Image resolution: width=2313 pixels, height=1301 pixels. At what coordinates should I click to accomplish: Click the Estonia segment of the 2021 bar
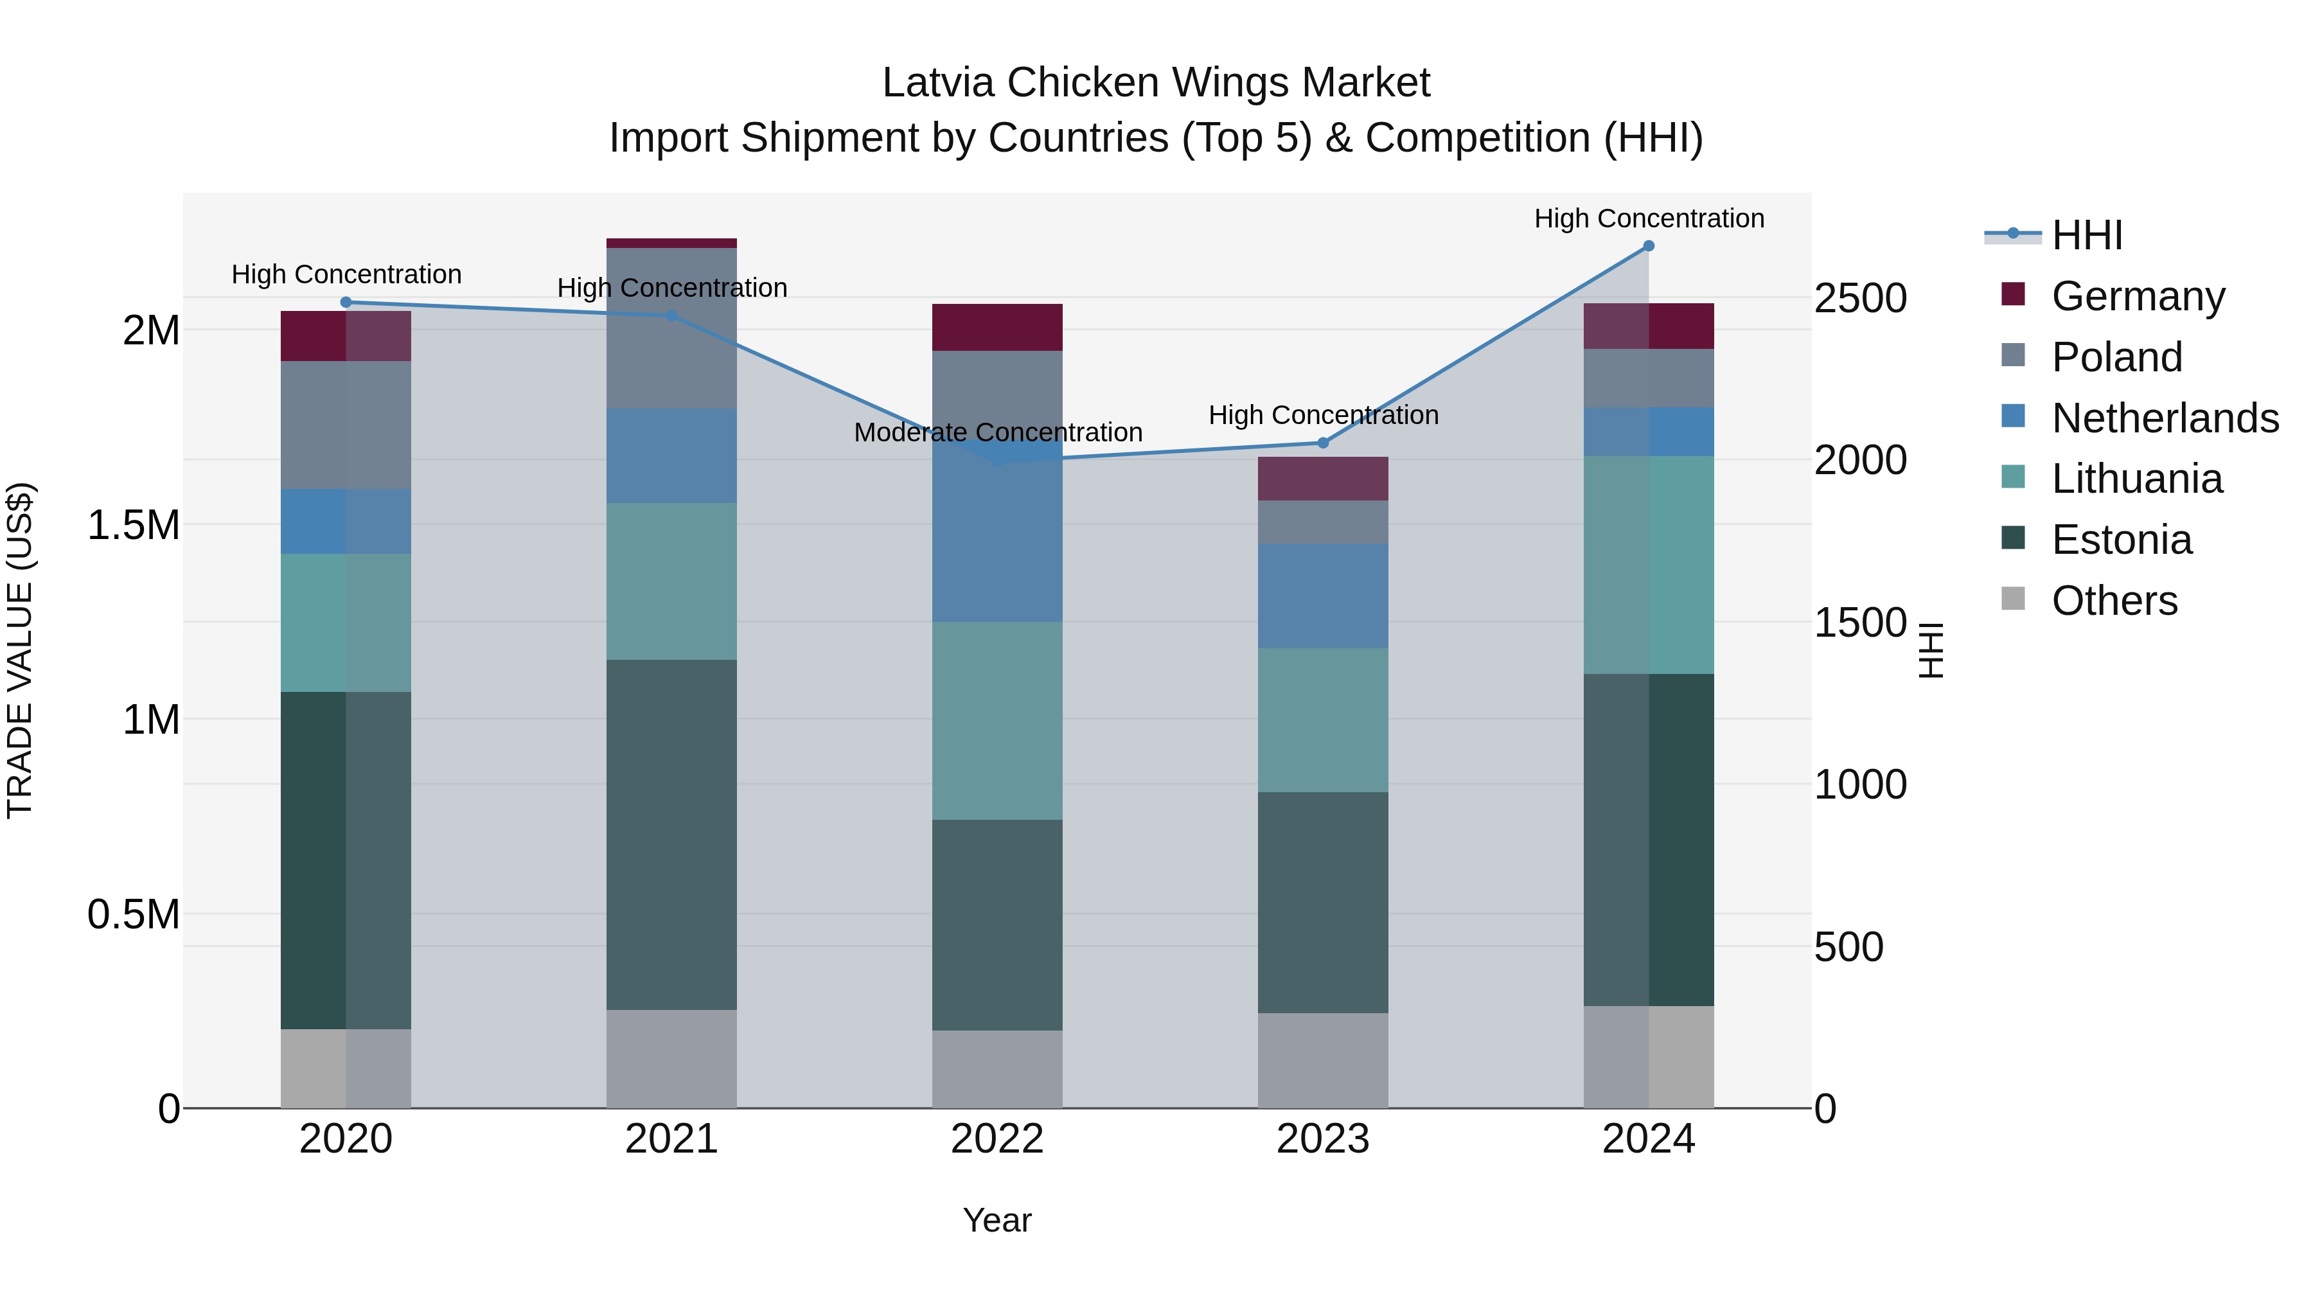point(671,835)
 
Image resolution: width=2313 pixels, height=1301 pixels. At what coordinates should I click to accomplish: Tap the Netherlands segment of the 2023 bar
point(1323,596)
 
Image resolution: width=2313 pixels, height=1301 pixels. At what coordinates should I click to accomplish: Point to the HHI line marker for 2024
point(1649,246)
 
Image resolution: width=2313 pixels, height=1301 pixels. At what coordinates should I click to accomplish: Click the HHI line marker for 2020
point(346,303)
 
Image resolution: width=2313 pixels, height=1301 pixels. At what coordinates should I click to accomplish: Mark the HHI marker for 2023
point(1323,443)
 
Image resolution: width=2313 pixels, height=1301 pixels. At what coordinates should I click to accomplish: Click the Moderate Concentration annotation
point(998,433)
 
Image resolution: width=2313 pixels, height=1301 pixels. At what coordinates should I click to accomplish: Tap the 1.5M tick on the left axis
point(133,526)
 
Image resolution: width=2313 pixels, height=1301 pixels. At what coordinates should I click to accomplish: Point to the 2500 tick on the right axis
point(1859,298)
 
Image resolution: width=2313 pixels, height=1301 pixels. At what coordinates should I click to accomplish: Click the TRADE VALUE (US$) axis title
point(20,650)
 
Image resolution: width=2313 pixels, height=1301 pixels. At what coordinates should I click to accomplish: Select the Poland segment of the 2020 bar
point(346,425)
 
